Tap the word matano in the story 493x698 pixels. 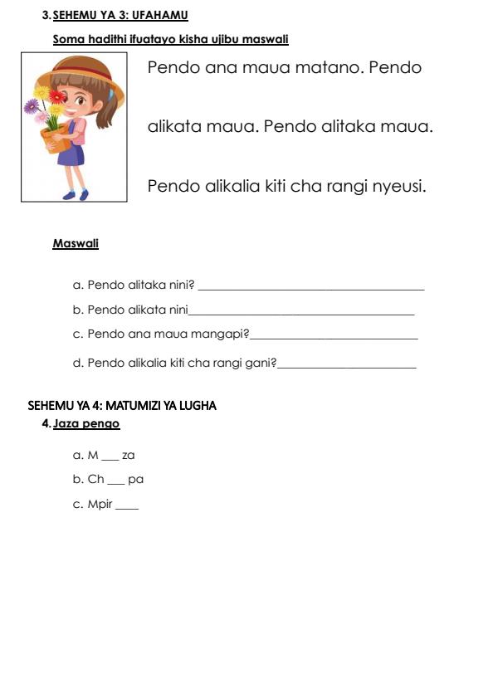point(329,68)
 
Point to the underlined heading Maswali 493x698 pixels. point(76,244)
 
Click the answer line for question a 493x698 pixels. point(312,288)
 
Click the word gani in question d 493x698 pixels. point(261,363)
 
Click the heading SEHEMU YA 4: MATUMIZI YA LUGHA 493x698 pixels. point(122,406)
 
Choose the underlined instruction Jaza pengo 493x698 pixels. point(86,424)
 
